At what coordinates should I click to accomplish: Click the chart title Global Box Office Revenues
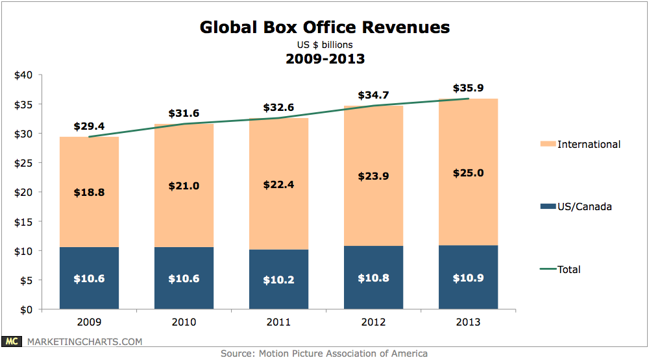click(324, 27)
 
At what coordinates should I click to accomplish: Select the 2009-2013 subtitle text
click(324, 59)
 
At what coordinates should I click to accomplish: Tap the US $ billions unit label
click(324, 44)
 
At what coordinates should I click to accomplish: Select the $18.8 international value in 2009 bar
click(89, 192)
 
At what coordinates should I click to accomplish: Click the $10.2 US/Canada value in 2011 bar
click(278, 280)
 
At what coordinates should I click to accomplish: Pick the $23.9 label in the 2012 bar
click(373, 176)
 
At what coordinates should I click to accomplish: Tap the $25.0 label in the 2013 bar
click(469, 173)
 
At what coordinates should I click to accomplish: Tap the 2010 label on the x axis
click(184, 321)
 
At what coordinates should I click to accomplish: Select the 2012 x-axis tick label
click(373, 321)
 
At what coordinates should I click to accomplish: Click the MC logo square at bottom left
click(11, 341)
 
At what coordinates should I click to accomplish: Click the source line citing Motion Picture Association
click(324, 354)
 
